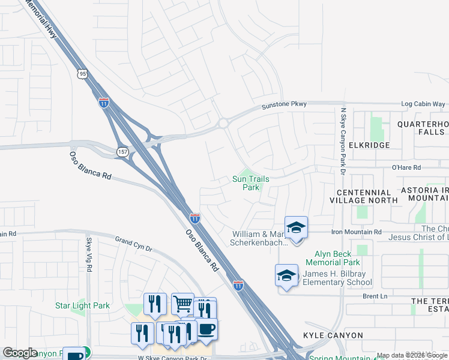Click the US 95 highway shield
coord(82,74)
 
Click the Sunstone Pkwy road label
coord(284,105)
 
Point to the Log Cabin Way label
coord(423,104)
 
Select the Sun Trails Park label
coord(251,183)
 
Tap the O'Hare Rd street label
coord(406,168)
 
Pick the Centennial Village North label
coord(363,196)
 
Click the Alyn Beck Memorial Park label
coord(333,258)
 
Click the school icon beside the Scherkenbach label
coord(296,227)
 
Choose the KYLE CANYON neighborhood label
coord(333,335)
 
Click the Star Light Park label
coord(82,305)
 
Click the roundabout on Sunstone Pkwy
coord(223,123)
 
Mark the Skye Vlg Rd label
coord(89,254)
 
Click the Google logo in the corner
coord(20,353)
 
